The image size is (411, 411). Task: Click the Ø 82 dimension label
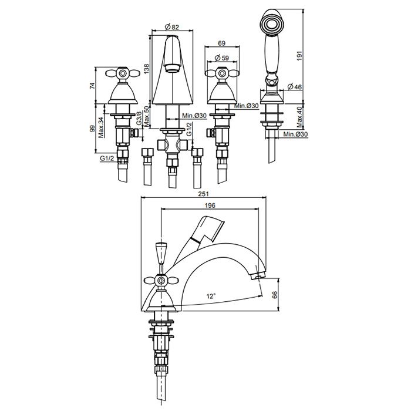coord(171,26)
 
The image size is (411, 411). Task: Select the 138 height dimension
coord(146,69)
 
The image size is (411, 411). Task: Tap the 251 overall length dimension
coord(203,194)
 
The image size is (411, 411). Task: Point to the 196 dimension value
coord(210,206)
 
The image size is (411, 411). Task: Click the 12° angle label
coord(211,296)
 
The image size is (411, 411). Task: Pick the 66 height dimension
coord(275,295)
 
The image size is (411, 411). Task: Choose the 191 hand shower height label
coord(300,56)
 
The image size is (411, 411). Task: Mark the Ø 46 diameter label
coord(295,86)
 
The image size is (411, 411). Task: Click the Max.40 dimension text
coord(300,117)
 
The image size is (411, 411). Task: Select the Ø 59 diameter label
coord(221,58)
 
